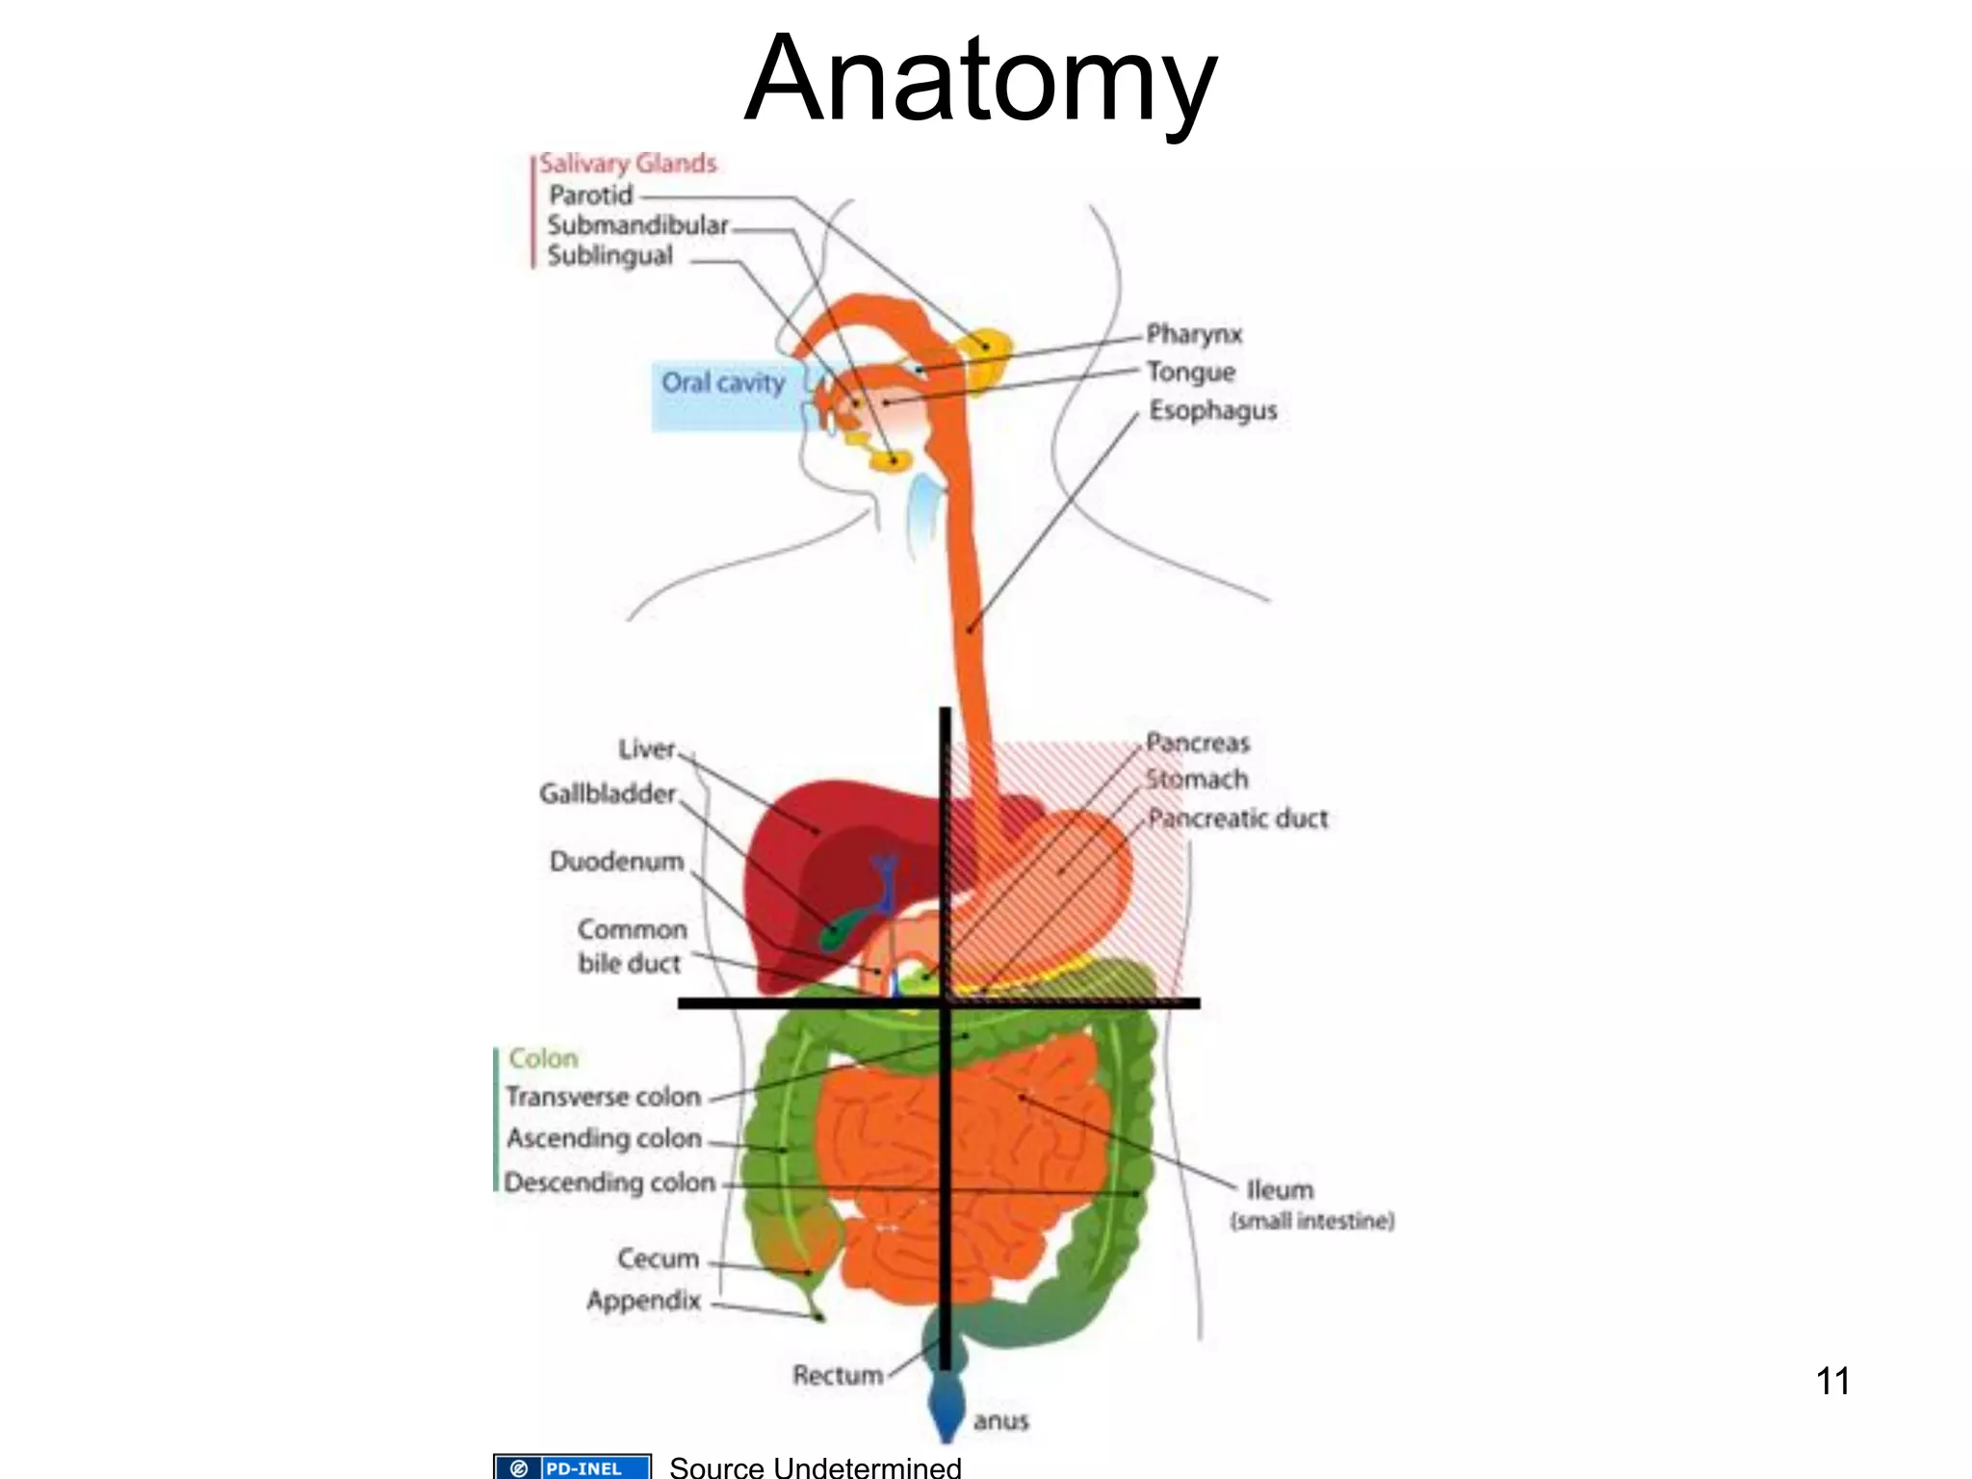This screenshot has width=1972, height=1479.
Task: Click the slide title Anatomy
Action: (980, 79)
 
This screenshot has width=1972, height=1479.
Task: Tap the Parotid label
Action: (590, 195)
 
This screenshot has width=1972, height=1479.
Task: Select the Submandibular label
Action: (637, 225)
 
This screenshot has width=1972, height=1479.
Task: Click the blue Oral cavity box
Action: (723, 395)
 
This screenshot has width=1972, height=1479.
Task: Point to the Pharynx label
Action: (1194, 334)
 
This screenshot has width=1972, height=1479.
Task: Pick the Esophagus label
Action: (1212, 410)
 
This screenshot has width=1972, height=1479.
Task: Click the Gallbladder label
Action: (608, 793)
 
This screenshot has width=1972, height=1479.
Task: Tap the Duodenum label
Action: (616, 861)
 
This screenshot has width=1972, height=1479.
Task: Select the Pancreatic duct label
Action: (1237, 818)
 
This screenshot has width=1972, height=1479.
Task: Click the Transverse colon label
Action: (604, 1097)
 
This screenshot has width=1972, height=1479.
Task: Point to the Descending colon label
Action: (610, 1181)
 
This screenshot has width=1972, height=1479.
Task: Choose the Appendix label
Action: (643, 1301)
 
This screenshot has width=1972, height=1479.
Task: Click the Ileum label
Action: (1279, 1190)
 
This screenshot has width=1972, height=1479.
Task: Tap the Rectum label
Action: (837, 1375)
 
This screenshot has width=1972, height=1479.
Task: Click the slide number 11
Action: (1831, 1381)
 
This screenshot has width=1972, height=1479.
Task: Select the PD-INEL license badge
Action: (572, 1467)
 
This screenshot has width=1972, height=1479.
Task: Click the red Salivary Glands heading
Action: (628, 164)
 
